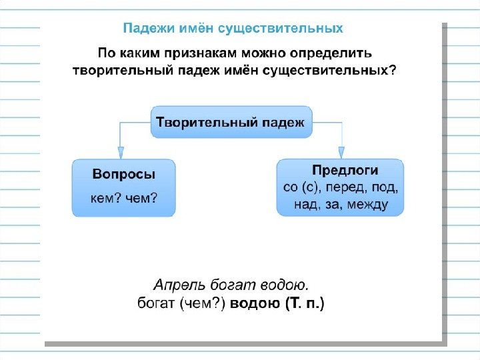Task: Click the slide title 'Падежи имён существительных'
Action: point(233,28)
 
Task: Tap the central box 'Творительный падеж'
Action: point(231,122)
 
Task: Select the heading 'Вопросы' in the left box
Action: point(123,174)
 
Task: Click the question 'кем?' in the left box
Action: point(106,198)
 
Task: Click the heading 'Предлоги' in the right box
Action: point(345,170)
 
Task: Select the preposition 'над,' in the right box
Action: point(307,205)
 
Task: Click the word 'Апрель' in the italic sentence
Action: point(175,286)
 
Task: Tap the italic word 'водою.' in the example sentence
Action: point(285,286)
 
